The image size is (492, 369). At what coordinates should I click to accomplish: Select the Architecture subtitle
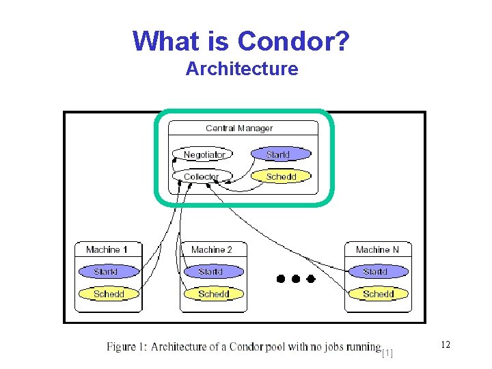(x=242, y=69)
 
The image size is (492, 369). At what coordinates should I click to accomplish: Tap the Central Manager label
(x=239, y=128)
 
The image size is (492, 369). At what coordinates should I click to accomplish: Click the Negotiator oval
(x=204, y=154)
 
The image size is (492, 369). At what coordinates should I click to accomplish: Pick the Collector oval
(x=202, y=176)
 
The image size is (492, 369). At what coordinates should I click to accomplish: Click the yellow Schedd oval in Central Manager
(x=281, y=176)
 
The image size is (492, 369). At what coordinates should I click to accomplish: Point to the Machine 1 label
(x=107, y=250)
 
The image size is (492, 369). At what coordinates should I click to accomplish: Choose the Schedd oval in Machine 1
(x=109, y=294)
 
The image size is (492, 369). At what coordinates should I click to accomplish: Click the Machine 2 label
(x=212, y=250)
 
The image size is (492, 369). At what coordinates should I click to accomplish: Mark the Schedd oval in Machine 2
(x=213, y=294)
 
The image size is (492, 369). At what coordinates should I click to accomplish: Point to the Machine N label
(x=377, y=250)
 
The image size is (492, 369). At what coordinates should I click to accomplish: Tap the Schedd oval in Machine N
(x=379, y=294)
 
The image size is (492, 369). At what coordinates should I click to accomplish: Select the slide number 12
(x=446, y=345)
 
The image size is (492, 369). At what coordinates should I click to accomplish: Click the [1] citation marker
(x=387, y=353)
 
